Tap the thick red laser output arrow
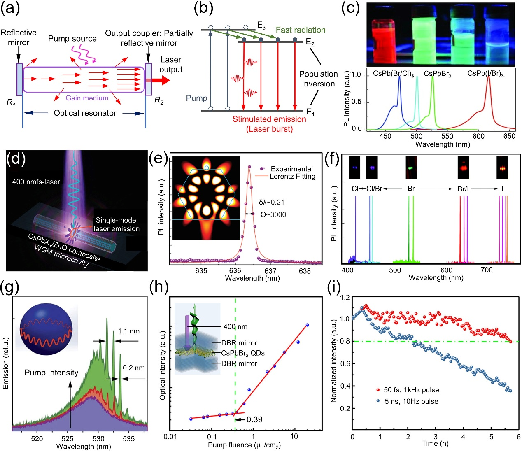tap(161, 80)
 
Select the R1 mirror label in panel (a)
tap(11, 102)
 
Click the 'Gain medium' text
tap(87, 98)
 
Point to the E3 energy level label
tap(261, 26)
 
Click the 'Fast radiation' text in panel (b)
tap(301, 30)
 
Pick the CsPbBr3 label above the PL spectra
tap(437, 74)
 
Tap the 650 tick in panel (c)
tap(509, 136)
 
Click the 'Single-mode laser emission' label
tap(117, 224)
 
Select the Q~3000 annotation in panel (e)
tap(273, 214)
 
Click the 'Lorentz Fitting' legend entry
tap(292, 177)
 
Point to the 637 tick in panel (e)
tap(270, 271)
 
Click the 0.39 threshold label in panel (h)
tap(254, 419)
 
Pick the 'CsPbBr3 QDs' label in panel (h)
tap(242, 353)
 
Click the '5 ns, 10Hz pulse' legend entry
tap(411, 401)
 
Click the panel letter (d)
tap(16, 159)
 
